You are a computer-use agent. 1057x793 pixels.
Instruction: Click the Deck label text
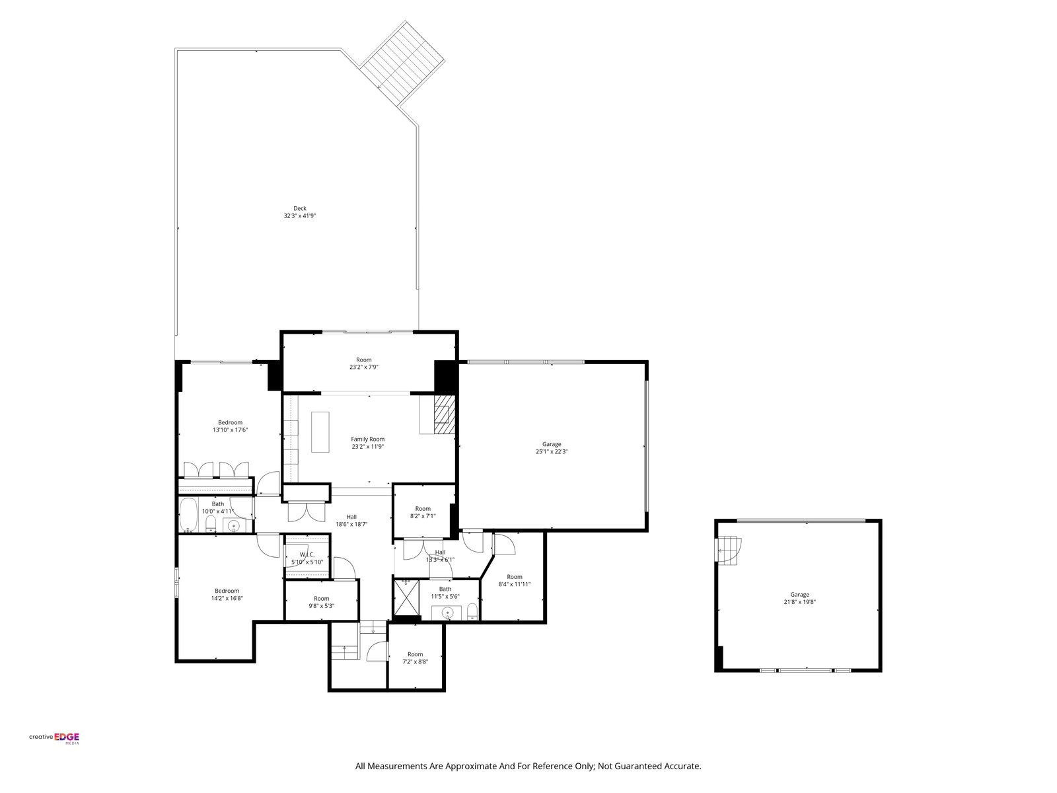point(299,208)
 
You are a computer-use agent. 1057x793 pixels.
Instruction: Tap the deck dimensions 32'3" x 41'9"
point(299,216)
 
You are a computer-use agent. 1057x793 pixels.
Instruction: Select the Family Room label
point(367,439)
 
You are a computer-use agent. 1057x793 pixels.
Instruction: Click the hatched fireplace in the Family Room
point(445,414)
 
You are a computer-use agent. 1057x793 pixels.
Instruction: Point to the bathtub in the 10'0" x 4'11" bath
point(188,515)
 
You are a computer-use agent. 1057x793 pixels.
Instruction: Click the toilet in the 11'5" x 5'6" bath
point(472,611)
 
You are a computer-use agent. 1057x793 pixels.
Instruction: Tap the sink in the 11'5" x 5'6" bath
point(447,613)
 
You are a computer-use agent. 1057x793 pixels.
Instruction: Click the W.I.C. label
point(307,554)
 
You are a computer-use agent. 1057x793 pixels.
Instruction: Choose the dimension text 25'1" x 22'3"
point(552,451)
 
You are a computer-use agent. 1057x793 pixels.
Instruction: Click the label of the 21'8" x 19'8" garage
point(799,595)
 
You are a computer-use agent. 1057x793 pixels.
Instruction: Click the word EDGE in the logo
point(67,737)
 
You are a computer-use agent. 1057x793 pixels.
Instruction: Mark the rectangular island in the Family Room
point(320,432)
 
